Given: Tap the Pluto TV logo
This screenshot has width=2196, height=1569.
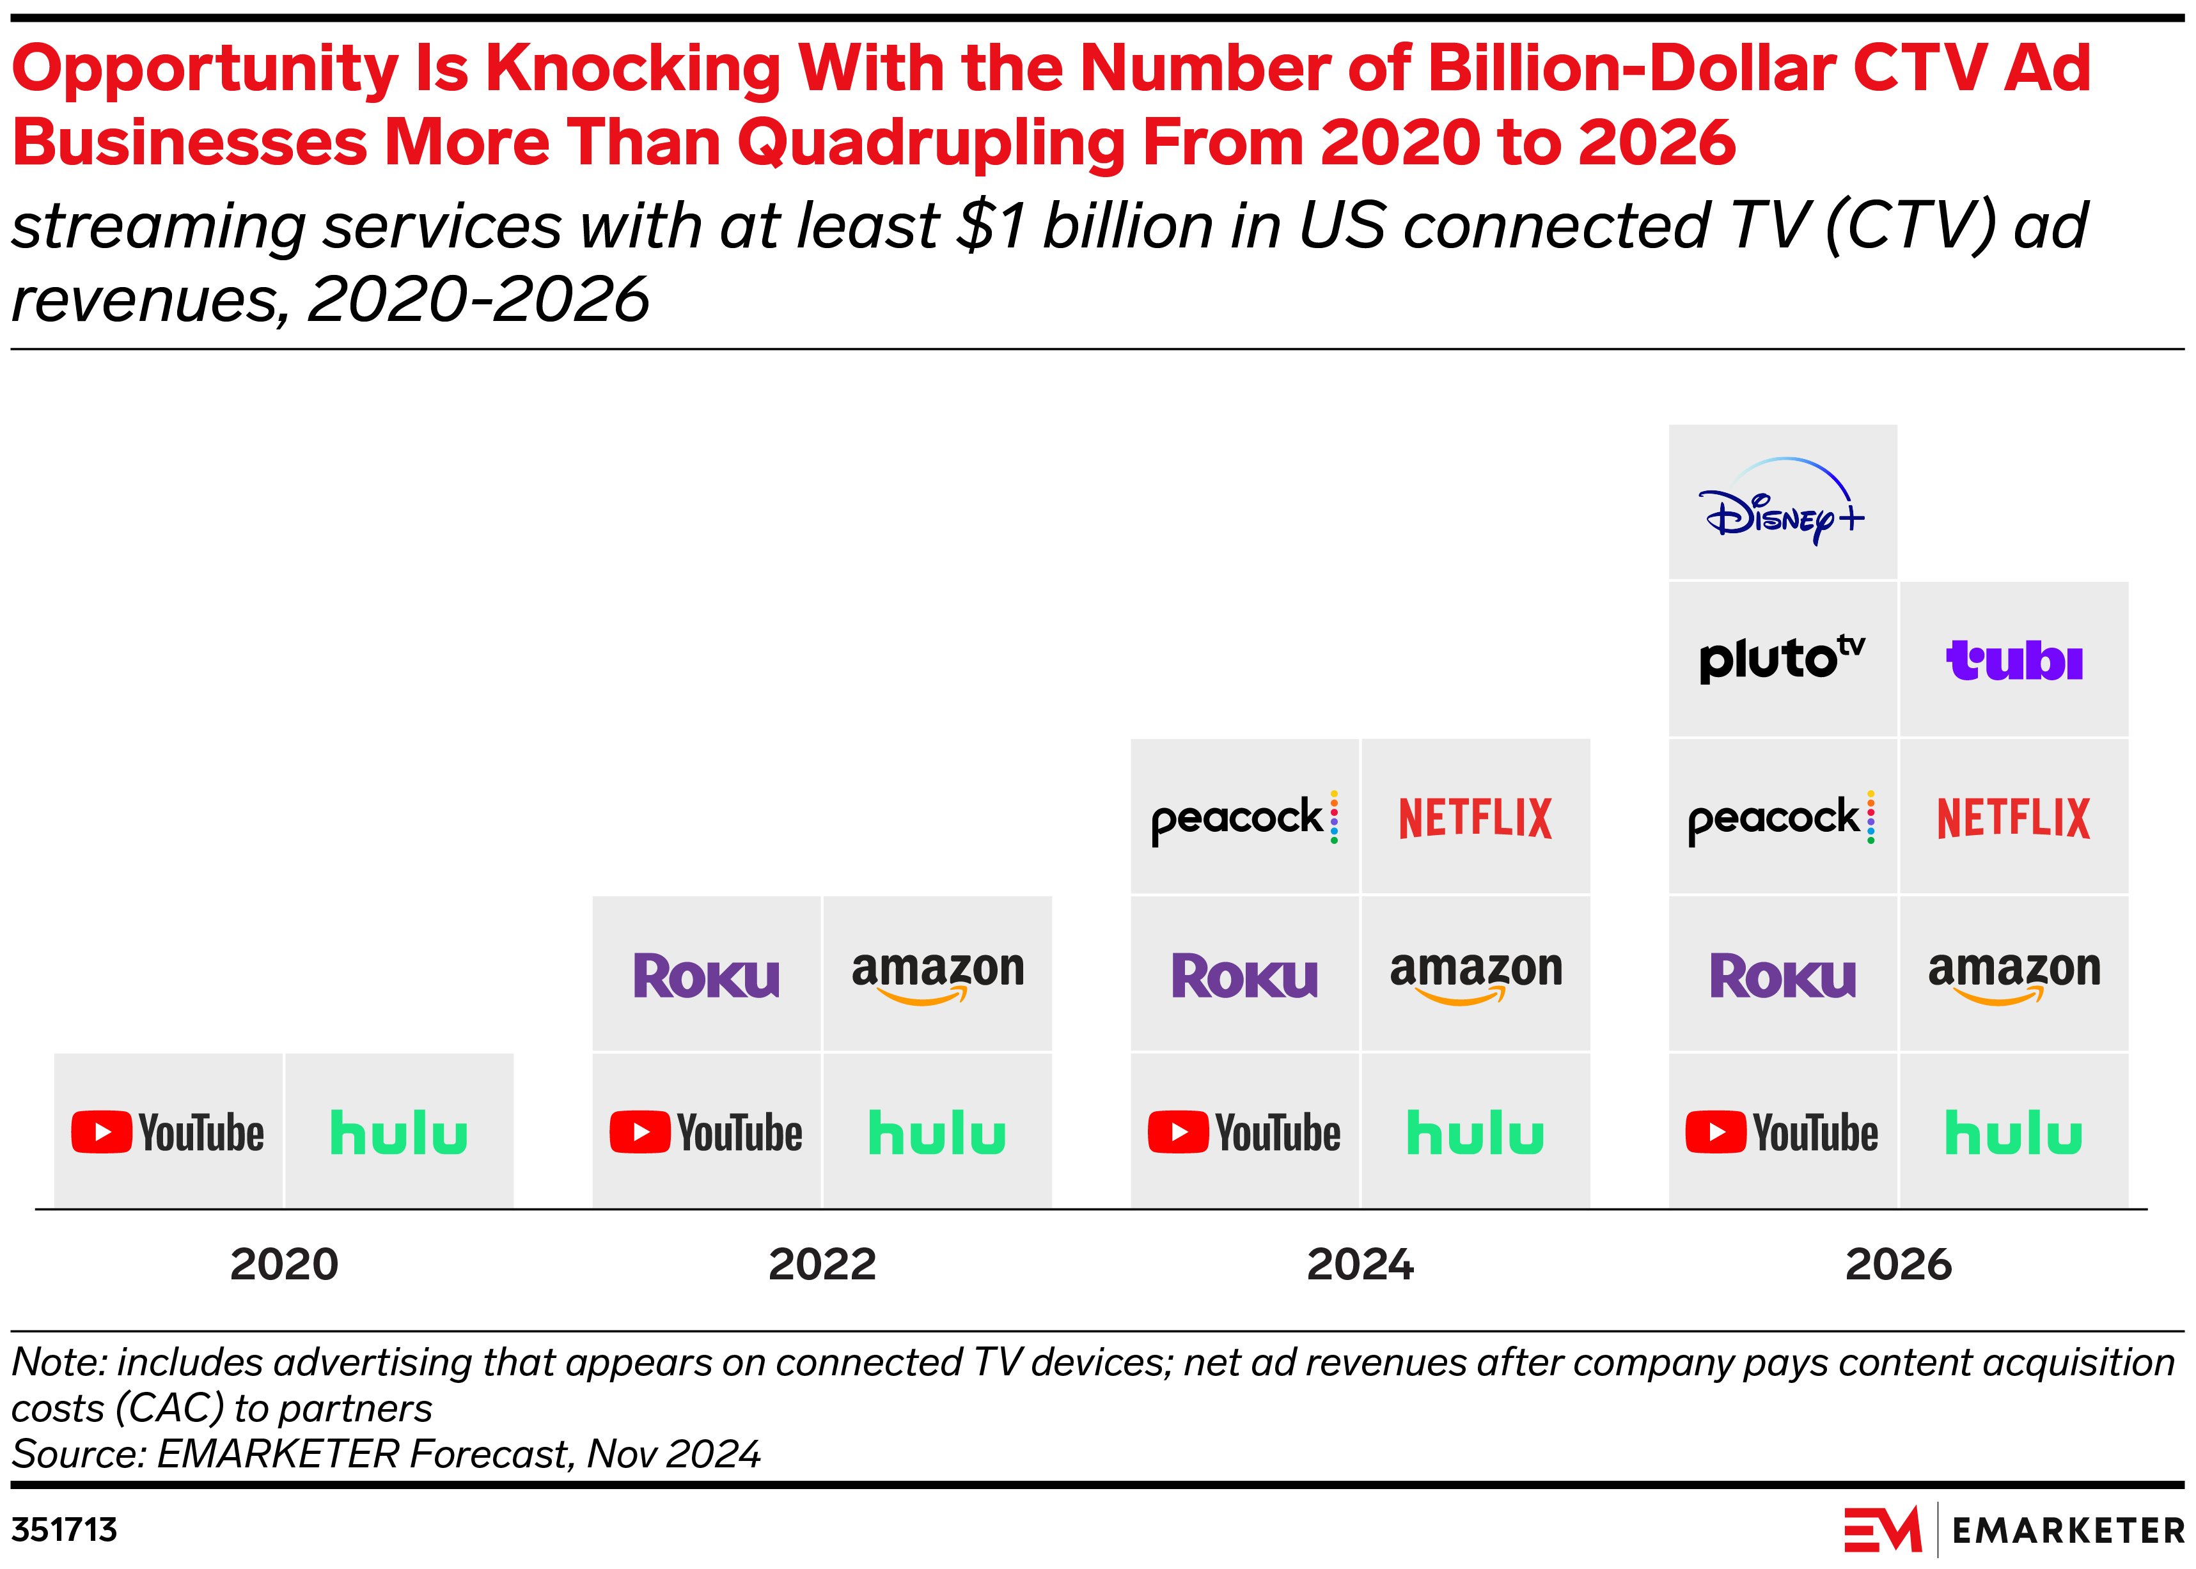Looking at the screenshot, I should [1780, 660].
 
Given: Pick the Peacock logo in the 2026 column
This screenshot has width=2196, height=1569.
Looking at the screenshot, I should [1780, 817].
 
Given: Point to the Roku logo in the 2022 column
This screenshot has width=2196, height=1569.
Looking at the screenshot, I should [705, 975].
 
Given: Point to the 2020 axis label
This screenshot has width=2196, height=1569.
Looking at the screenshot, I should [284, 1263].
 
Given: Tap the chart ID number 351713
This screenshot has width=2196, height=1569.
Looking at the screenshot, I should [64, 1529].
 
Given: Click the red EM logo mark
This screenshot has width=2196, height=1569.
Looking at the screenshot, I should [1882, 1529].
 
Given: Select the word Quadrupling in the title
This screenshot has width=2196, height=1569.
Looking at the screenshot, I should [930, 142].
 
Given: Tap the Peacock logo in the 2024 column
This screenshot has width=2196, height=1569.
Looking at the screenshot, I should [1243, 817].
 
